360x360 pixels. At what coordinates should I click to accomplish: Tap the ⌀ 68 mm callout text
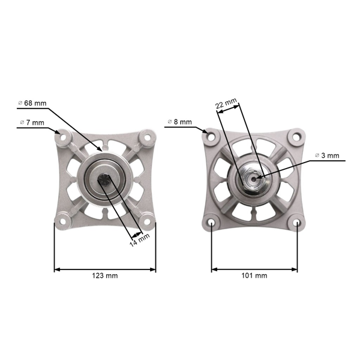tap(32, 103)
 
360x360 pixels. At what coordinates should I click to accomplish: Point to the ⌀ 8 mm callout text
tap(178, 122)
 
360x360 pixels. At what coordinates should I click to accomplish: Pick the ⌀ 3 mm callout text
tap(327, 155)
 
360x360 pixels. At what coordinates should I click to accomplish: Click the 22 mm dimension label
tap(226, 103)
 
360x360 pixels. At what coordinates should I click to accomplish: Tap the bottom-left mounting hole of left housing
tap(63, 224)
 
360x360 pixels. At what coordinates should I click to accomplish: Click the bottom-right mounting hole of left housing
tap(146, 224)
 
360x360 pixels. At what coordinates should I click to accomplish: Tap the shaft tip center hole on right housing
tap(254, 178)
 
